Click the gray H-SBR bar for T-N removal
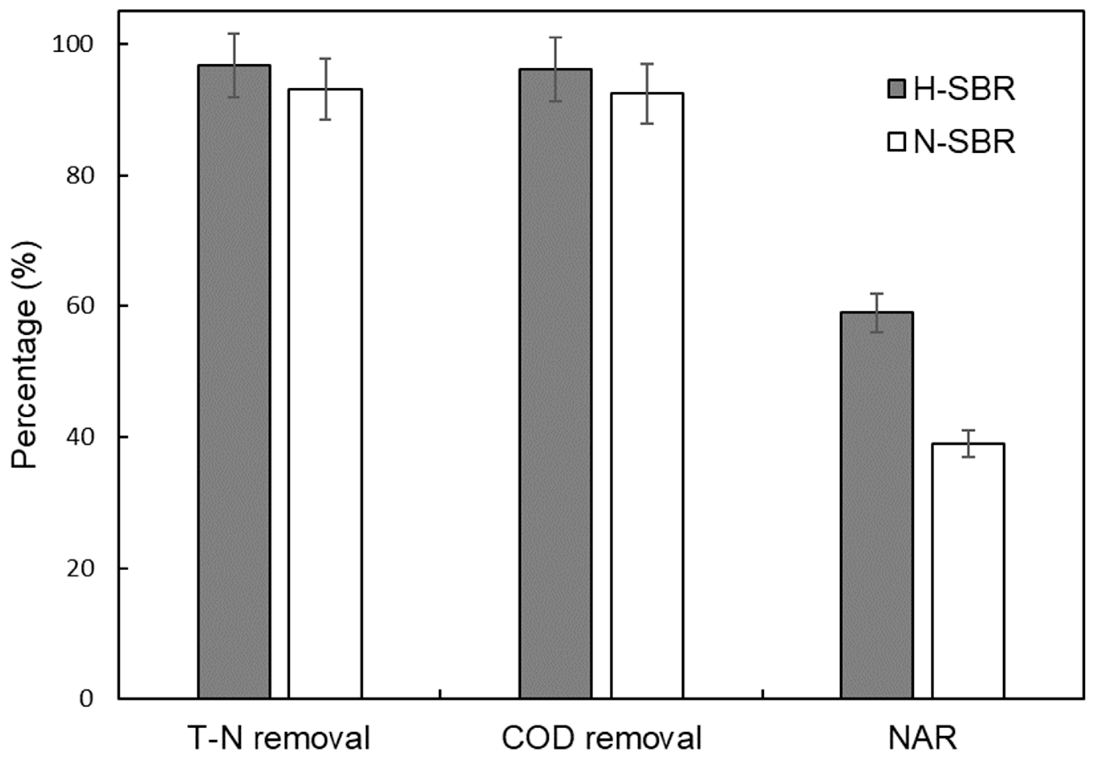point(234,380)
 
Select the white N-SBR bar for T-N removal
point(325,395)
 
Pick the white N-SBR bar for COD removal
point(647,395)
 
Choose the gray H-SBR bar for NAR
point(877,504)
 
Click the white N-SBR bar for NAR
point(968,571)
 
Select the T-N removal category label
point(279,738)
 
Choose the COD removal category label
point(601,738)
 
